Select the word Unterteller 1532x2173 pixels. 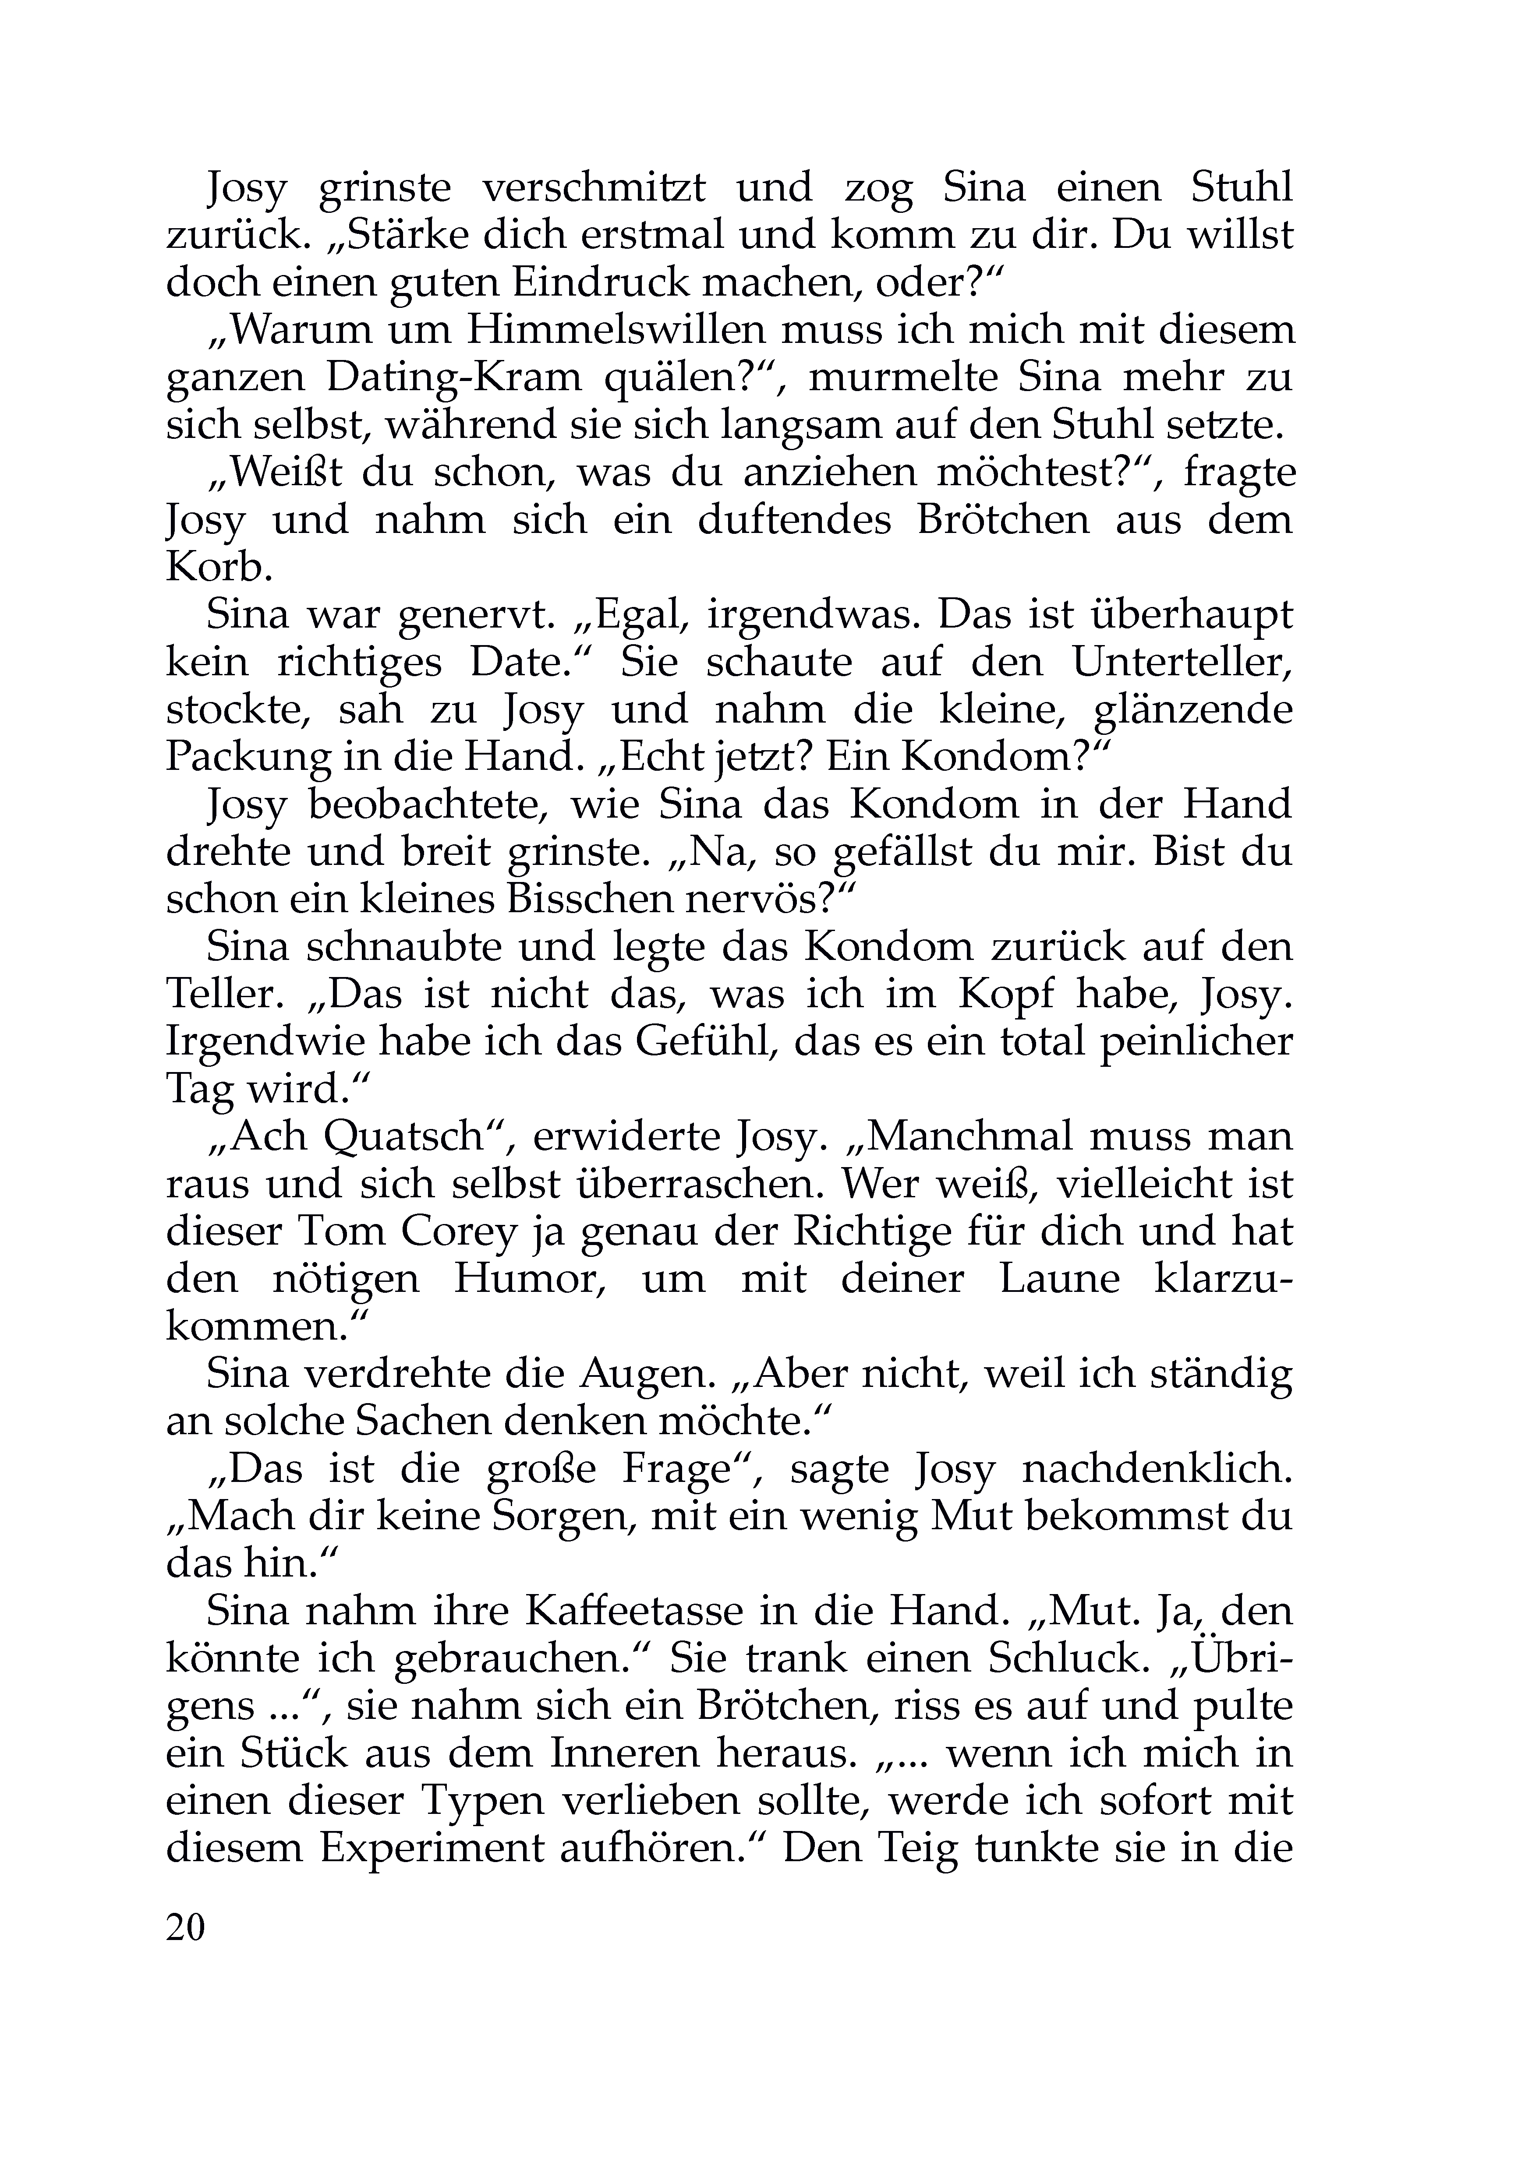click(1182, 663)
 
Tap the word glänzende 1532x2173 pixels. click(1192, 710)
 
